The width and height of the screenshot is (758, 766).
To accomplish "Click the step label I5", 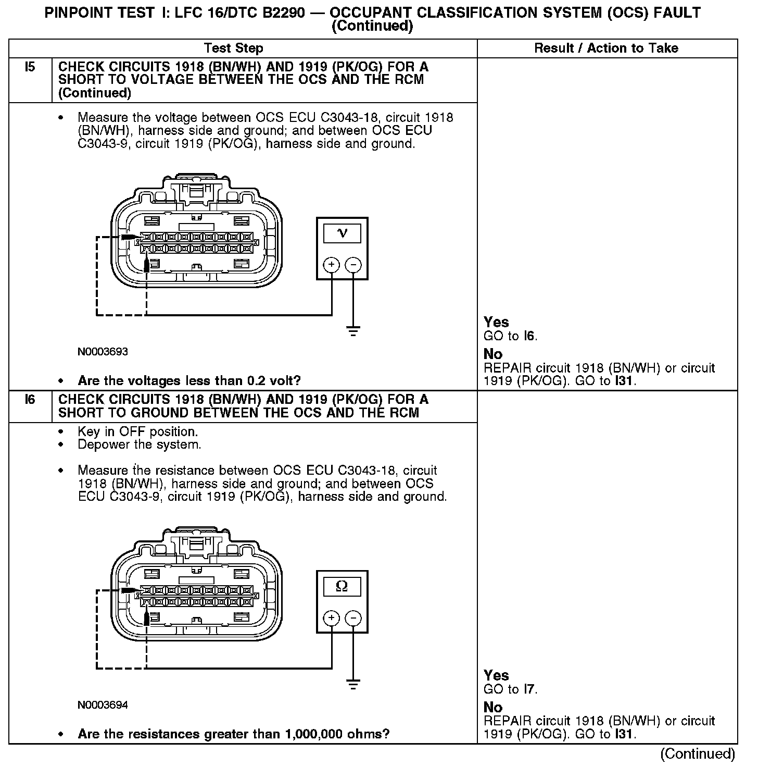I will coord(30,67).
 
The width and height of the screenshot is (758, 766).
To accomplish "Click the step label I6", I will coord(30,400).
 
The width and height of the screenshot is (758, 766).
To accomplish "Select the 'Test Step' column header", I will coord(233,48).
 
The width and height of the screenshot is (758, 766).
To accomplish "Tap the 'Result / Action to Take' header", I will coord(606,48).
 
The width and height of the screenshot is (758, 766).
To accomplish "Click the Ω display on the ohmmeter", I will coord(342,586).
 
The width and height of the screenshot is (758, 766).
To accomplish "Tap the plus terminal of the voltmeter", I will coord(332,265).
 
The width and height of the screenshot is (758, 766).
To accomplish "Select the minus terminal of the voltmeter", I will coord(353,265).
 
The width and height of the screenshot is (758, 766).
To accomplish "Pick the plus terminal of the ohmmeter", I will coord(332,619).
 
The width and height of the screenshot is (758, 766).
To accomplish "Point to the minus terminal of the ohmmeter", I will coord(353,619).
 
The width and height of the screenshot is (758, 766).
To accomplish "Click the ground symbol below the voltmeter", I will coord(353,331).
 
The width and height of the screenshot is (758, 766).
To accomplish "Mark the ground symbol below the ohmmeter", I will coord(353,685).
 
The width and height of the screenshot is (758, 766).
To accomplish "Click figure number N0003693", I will coord(103,352).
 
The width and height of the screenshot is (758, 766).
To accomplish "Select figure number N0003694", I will coord(103,705).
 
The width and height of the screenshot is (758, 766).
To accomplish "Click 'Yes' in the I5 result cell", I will coord(496,322).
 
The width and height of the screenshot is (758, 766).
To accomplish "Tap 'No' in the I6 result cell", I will coord(493,707).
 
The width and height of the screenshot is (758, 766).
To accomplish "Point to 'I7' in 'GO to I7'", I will coord(529,689).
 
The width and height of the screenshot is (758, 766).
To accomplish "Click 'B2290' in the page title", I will coord(284,13).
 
